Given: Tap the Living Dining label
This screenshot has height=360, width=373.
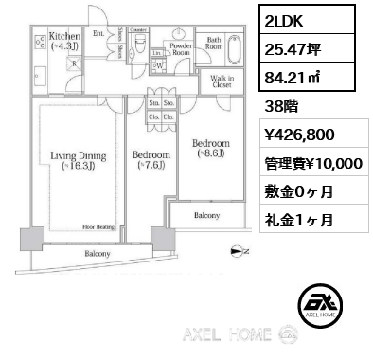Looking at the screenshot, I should pos(71,162).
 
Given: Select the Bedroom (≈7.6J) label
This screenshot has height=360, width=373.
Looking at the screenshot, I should pos(151,160).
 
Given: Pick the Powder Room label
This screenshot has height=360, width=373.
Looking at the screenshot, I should pos(181,48).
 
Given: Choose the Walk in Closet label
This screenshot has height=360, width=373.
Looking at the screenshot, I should pos(222,81).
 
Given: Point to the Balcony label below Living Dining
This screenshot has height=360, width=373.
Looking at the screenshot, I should pos(98,254).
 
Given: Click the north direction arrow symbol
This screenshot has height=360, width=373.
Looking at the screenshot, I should pos(237,251).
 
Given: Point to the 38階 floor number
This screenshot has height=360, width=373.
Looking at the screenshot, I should pos(283,106).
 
